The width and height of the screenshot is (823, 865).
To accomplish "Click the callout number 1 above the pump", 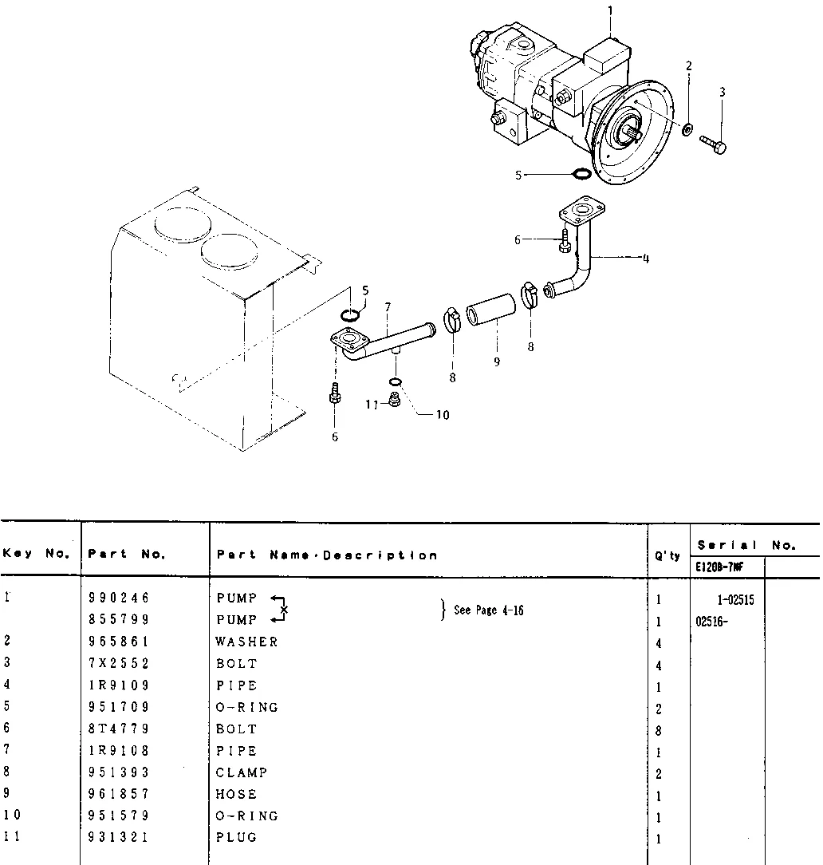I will tap(610, 10).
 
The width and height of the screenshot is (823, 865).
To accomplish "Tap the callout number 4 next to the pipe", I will tap(645, 258).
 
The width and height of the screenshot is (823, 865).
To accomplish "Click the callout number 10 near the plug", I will tap(443, 414).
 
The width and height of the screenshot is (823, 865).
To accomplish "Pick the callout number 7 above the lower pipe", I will tap(388, 306).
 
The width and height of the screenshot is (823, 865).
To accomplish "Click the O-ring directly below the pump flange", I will tap(582, 174).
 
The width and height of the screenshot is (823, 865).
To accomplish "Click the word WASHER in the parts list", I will tap(246, 642).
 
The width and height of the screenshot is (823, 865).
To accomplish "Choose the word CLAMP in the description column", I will tap(241, 772).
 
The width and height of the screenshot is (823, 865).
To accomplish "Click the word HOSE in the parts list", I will tap(236, 794).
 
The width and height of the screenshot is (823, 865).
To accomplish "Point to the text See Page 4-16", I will tap(488, 610).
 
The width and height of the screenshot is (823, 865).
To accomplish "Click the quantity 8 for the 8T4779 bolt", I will tap(659, 730).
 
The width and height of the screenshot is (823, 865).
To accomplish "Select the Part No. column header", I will tap(126, 555).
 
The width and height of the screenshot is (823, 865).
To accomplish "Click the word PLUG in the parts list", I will tap(236, 837).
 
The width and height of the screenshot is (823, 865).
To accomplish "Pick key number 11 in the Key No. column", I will tap(11, 837).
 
